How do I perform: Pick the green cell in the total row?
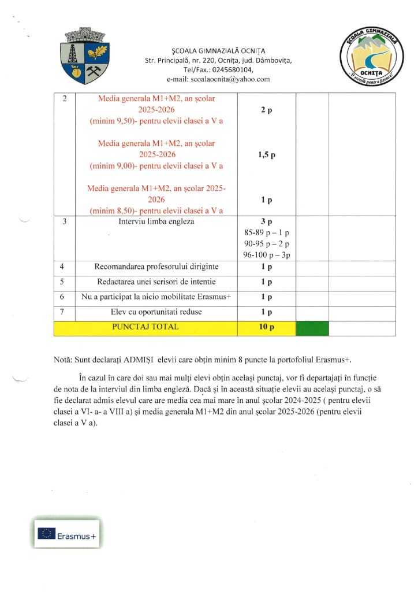pos(312,328)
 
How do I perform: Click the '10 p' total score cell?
pos(266,327)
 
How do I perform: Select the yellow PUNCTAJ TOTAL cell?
pos(145,327)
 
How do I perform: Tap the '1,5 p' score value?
pos(266,155)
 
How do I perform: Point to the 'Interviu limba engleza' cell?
pos(156,221)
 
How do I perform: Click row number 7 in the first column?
pos(64,312)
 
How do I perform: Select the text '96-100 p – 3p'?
pos(266,254)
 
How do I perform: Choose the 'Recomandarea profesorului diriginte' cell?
pos(156,267)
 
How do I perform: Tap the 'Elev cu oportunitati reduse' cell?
pos(156,312)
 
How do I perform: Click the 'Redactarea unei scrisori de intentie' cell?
pos(156,282)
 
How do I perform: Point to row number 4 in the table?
pos(64,267)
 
